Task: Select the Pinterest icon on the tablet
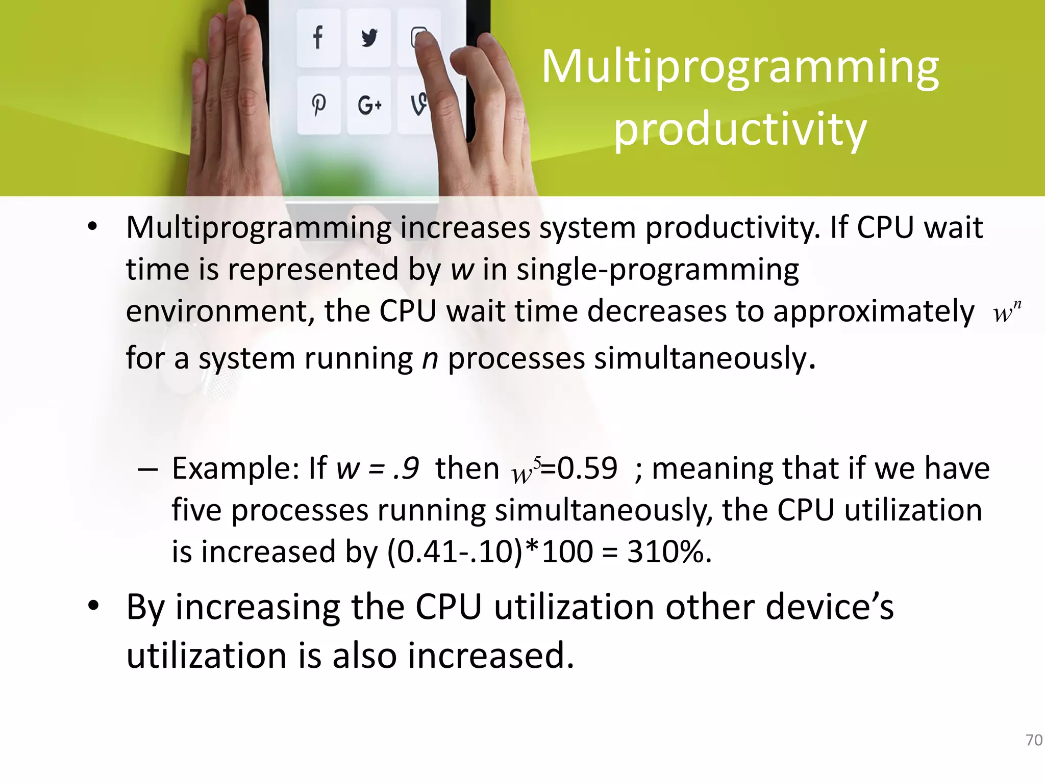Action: [x=319, y=105]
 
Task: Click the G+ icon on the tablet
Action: [x=369, y=106]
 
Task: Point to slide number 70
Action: [x=1034, y=740]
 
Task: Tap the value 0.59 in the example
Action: [x=587, y=468]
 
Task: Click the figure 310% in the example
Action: [x=668, y=552]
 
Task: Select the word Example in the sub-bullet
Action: [x=235, y=468]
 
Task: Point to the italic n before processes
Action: [x=430, y=358]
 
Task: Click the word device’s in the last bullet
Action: [x=830, y=607]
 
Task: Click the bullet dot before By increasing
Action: [x=92, y=606]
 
